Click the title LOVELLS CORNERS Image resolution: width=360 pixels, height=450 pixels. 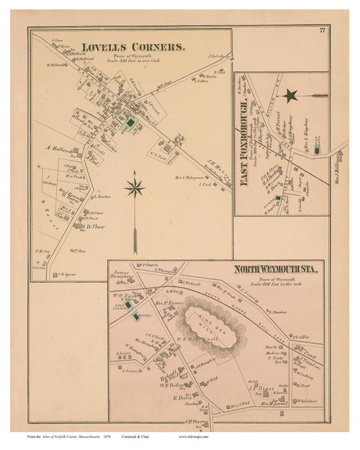pos(133,48)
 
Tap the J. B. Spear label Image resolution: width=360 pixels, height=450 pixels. pos(66,275)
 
